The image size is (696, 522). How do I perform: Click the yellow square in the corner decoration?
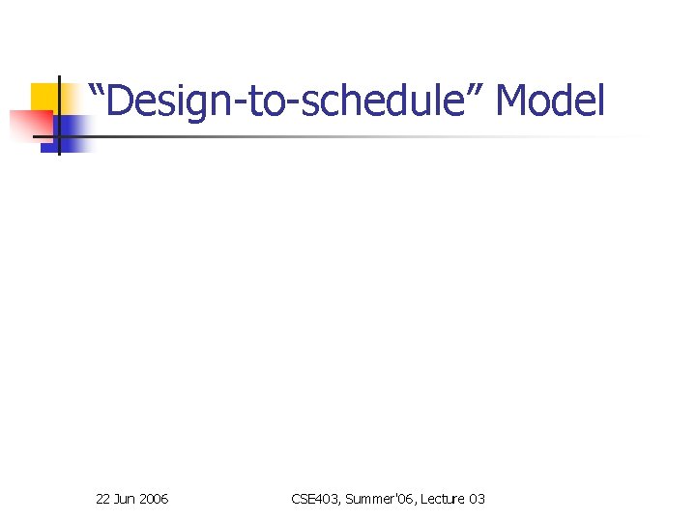pos(44,98)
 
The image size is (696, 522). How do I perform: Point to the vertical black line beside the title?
pos(58,116)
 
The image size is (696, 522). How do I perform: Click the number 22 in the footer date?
pos(103,499)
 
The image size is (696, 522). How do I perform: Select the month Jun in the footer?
pos(126,499)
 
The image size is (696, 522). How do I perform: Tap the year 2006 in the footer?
pos(154,499)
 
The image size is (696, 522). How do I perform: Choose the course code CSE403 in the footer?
pos(312,499)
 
